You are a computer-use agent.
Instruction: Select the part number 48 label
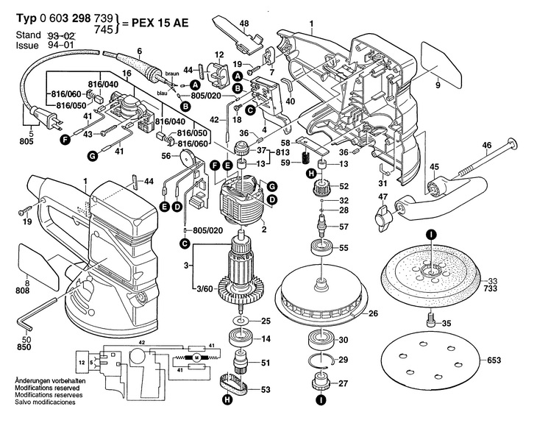[x=223, y=24]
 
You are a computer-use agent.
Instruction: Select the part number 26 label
[x=373, y=313]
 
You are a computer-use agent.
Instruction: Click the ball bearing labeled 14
[x=240, y=339]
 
